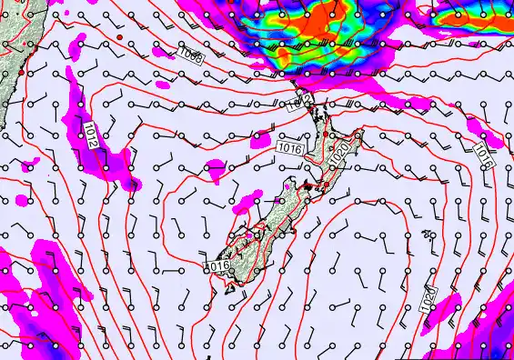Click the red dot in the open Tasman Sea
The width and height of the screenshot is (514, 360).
[118, 37]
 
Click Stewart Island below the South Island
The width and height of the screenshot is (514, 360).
[231, 289]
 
